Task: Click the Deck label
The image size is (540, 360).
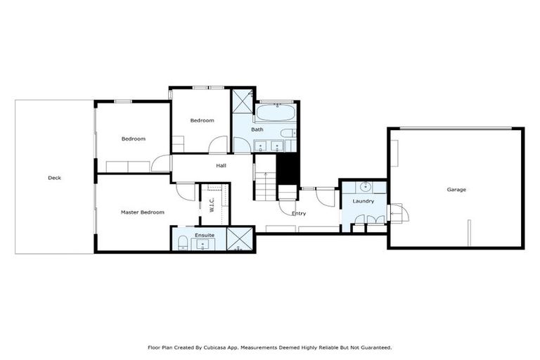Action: tap(54, 178)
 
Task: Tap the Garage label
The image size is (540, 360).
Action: tap(456, 189)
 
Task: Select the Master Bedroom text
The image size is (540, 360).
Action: tap(142, 212)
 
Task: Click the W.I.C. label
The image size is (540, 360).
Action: tap(211, 204)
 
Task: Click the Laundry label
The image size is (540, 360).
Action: tap(363, 201)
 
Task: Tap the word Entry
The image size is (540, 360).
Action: tap(299, 213)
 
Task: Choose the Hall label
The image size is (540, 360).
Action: tap(221, 165)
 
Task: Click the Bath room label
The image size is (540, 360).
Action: tap(257, 129)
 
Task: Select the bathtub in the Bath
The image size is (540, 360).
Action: tap(276, 112)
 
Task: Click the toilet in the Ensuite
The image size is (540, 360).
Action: tap(183, 243)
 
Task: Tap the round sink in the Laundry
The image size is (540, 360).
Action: tap(366, 187)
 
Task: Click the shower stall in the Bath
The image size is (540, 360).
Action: tap(243, 101)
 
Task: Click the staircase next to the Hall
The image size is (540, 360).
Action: tap(265, 186)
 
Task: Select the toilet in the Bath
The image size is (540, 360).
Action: tap(288, 134)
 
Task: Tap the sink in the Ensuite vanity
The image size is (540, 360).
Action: tap(203, 244)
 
